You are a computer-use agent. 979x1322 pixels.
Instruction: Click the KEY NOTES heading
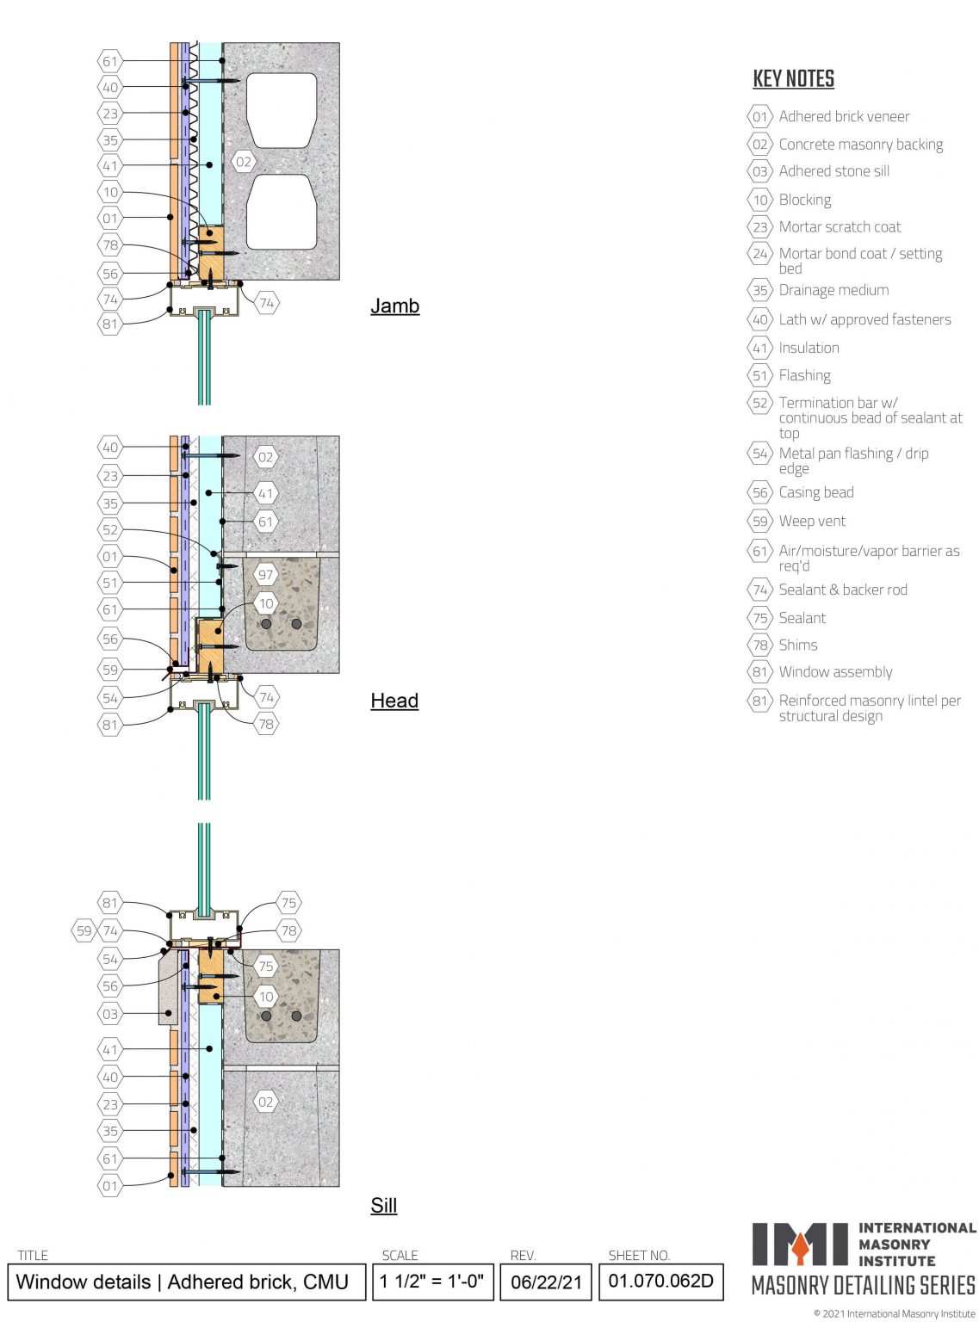(793, 79)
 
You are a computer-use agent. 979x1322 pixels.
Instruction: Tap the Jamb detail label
(394, 306)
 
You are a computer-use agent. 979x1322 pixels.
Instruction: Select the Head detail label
(394, 701)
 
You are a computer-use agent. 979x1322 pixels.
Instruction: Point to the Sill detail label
(383, 1205)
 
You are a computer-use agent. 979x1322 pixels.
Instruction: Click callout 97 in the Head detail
(265, 575)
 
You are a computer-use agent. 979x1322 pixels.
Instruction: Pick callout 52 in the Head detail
(110, 529)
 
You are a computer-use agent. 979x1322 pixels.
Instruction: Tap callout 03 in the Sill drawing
(110, 1014)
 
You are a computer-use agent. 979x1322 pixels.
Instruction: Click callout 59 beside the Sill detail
(84, 930)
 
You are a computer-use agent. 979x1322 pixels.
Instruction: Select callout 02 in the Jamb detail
(244, 162)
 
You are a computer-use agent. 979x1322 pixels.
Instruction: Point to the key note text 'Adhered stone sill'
(833, 171)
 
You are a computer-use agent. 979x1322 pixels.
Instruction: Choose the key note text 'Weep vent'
(812, 521)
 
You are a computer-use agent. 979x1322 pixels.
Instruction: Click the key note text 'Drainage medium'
(833, 290)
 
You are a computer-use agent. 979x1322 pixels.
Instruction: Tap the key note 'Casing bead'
(816, 492)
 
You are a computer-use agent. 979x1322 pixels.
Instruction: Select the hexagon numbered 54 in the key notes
(759, 454)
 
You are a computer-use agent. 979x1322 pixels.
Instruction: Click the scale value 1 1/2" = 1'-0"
(431, 1281)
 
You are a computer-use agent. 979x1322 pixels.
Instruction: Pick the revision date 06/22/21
(546, 1282)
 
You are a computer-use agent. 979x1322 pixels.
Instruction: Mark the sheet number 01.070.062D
(660, 1281)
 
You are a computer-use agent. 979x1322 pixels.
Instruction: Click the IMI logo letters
(800, 1244)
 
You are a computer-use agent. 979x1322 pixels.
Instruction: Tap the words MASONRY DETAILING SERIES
(863, 1286)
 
